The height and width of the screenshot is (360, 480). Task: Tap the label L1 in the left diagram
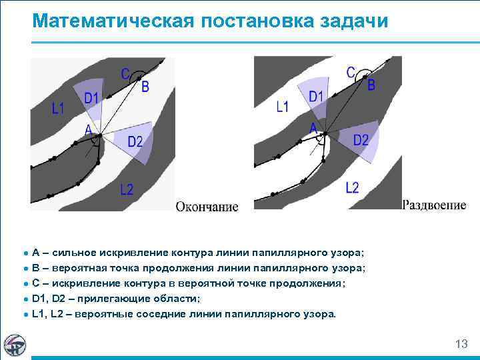[x=59, y=108]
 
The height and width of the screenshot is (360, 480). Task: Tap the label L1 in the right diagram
[x=283, y=106]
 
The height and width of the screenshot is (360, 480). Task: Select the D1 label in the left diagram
[x=91, y=99]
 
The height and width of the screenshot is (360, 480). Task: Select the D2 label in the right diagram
[x=361, y=140]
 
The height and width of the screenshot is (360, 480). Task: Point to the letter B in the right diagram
[x=371, y=85]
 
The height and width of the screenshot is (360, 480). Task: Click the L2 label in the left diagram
[x=127, y=190]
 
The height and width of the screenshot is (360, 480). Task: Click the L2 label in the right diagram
[x=353, y=187]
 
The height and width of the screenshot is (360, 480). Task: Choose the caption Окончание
[x=207, y=207]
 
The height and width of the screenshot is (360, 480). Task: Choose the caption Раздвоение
[x=434, y=205]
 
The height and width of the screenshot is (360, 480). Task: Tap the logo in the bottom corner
[x=15, y=344]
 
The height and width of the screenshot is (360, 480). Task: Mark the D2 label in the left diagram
[x=135, y=141]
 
